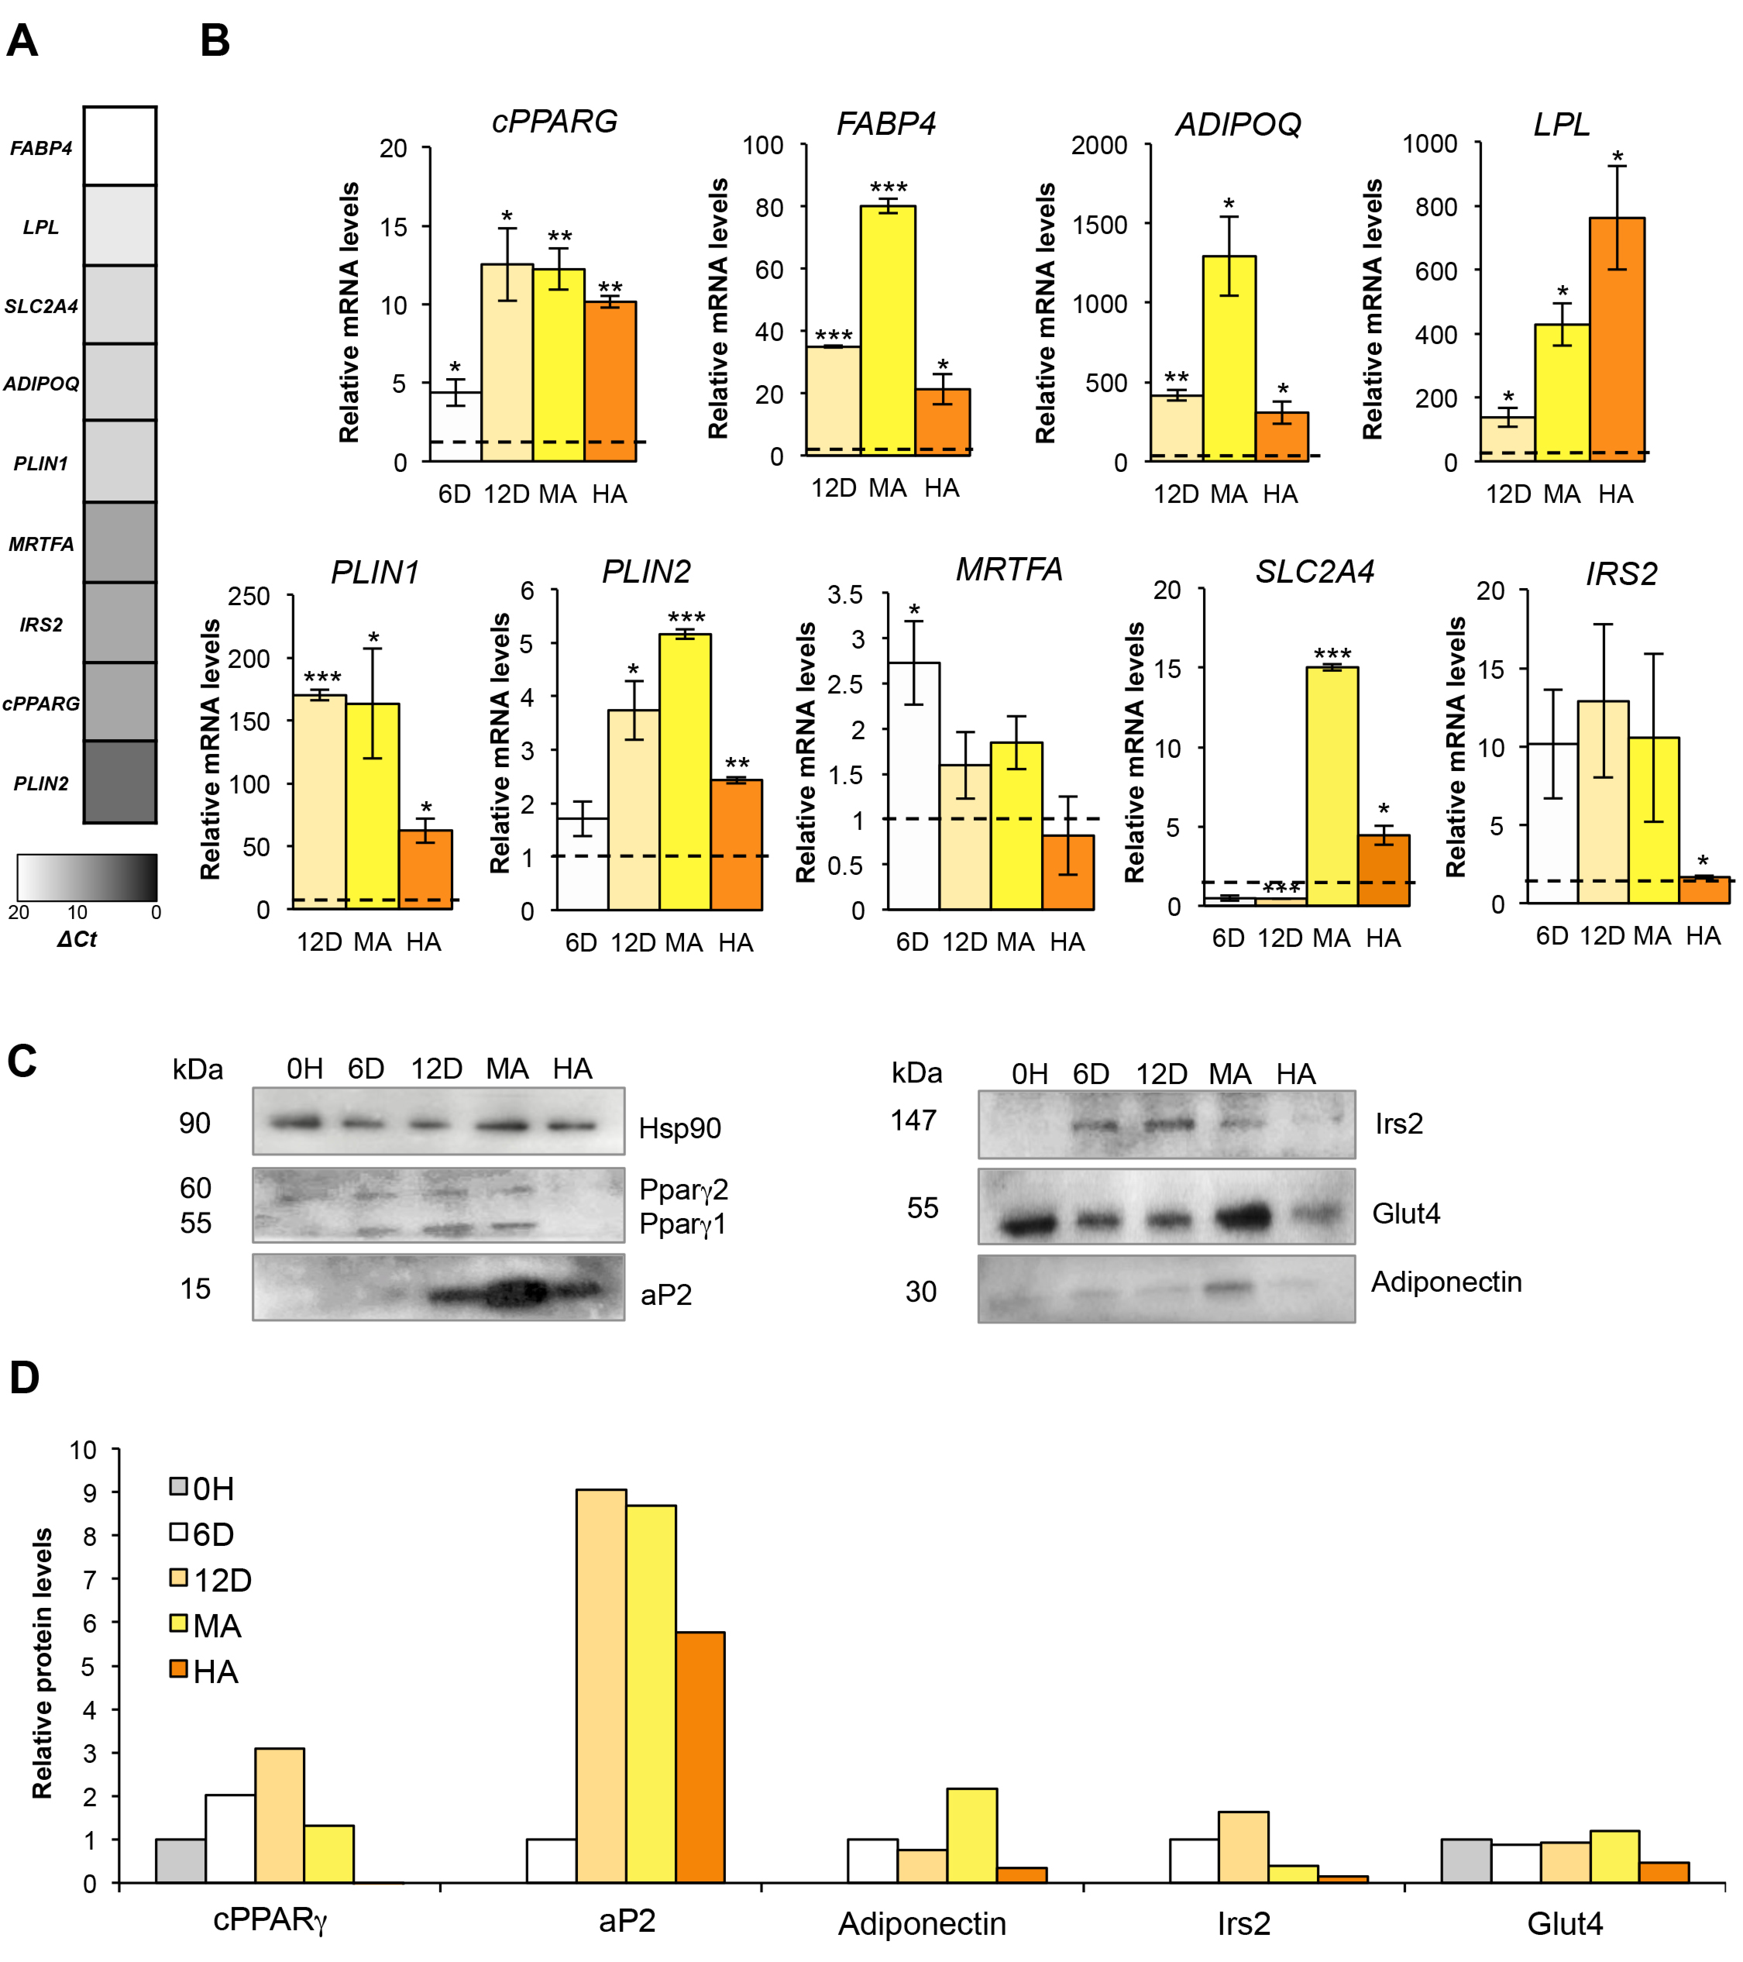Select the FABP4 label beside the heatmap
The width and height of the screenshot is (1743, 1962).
click(41, 148)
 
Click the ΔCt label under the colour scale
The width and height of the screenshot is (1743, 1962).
click(77, 939)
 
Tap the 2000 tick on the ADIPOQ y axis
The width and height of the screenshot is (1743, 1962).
click(1099, 146)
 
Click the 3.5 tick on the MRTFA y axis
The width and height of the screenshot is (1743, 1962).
click(846, 595)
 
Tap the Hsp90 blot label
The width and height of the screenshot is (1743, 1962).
click(679, 1128)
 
